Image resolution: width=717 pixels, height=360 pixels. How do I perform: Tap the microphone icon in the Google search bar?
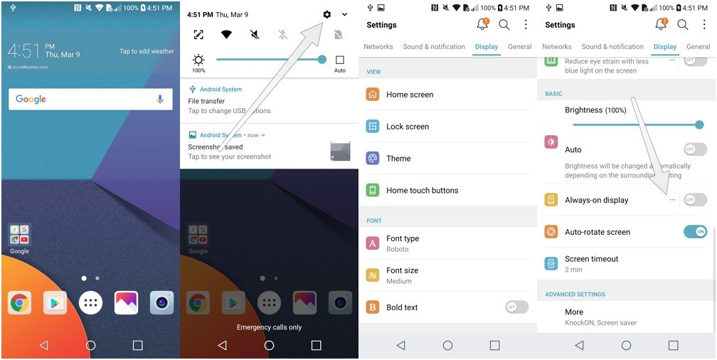pos(160,100)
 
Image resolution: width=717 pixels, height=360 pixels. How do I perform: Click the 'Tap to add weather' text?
pos(147,51)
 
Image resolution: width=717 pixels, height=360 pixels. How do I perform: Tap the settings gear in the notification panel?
pos(326,14)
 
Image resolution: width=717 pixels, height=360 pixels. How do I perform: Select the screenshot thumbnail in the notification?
pos(340,151)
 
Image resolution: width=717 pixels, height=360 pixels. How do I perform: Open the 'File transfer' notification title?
pos(206,101)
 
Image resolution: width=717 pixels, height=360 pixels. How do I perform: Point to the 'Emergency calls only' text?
pos(269,327)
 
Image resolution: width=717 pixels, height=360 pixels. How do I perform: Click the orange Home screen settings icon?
pos(373,95)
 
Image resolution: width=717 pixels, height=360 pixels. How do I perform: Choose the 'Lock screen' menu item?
pos(408,127)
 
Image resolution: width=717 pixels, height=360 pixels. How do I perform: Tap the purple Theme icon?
pos(373,159)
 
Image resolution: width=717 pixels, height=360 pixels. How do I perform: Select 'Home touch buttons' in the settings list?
pos(422,191)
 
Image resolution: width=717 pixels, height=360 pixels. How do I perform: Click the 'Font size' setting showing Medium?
pos(402,275)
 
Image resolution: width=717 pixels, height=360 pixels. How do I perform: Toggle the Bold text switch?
pos(516,307)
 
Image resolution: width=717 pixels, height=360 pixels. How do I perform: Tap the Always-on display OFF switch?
pos(695,200)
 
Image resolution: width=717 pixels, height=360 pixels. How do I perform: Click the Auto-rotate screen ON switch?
pos(695,232)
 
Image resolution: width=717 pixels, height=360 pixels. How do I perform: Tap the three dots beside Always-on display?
pos(672,200)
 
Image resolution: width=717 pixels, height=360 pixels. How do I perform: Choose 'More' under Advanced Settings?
pos(574,312)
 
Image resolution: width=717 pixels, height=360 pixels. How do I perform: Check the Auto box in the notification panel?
pos(340,60)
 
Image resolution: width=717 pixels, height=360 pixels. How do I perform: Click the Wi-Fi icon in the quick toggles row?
pos(226,35)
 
